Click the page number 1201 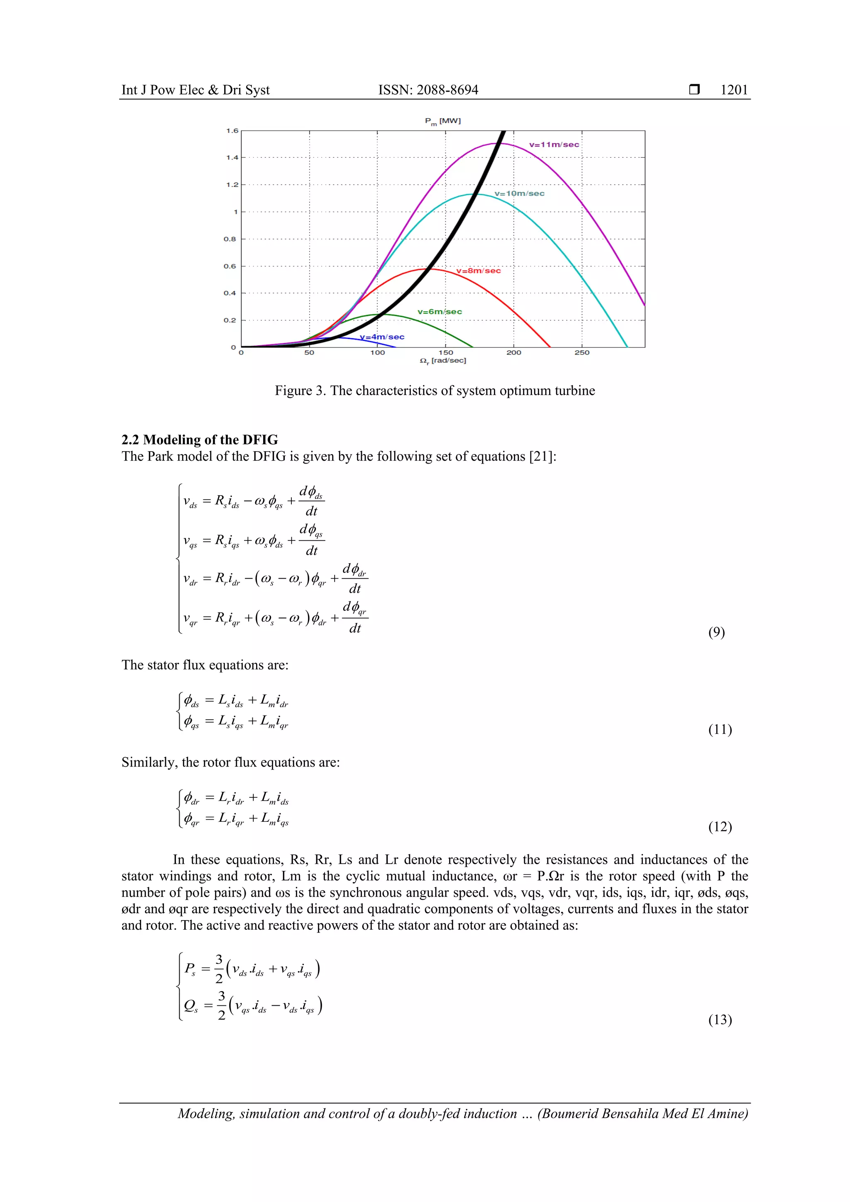pos(734,90)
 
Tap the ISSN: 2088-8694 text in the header pos(428,90)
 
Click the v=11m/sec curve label pos(554,144)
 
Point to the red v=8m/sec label pos(479,271)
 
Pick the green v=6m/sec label pos(440,311)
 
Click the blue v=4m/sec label pos(382,337)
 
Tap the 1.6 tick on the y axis pos(232,130)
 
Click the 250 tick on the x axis pos(581,353)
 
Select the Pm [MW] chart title pos(442,121)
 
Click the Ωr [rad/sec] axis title pos(442,361)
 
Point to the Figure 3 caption pos(435,391)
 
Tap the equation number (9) pos(716,633)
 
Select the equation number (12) pos(720,827)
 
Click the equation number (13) pos(720,1019)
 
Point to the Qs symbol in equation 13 pos(191,1006)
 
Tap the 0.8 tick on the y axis pos(230,239)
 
